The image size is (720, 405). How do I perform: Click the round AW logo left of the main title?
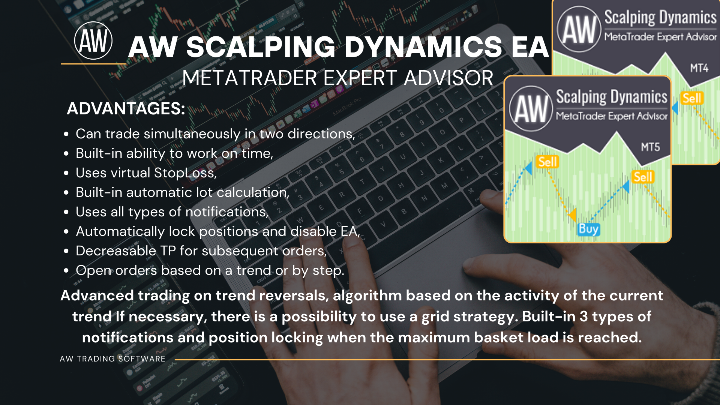(93, 40)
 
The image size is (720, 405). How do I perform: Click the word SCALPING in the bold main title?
(261, 47)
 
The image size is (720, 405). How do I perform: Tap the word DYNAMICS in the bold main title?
(423, 47)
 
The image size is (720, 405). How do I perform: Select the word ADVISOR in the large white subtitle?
(448, 78)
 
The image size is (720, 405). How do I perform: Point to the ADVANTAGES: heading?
(126, 109)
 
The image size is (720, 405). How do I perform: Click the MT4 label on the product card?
(699, 68)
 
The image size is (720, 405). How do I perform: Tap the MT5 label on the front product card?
(651, 147)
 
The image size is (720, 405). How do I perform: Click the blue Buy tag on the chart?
(588, 229)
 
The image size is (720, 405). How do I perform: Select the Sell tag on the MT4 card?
(692, 98)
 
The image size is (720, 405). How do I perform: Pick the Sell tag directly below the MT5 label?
(643, 177)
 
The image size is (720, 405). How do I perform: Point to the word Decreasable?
(116, 251)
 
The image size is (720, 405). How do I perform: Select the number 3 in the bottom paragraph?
(583, 316)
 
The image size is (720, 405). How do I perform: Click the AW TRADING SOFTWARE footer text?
(112, 359)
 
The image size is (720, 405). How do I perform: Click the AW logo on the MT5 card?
(531, 109)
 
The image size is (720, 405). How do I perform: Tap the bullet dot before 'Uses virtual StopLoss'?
(66, 173)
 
